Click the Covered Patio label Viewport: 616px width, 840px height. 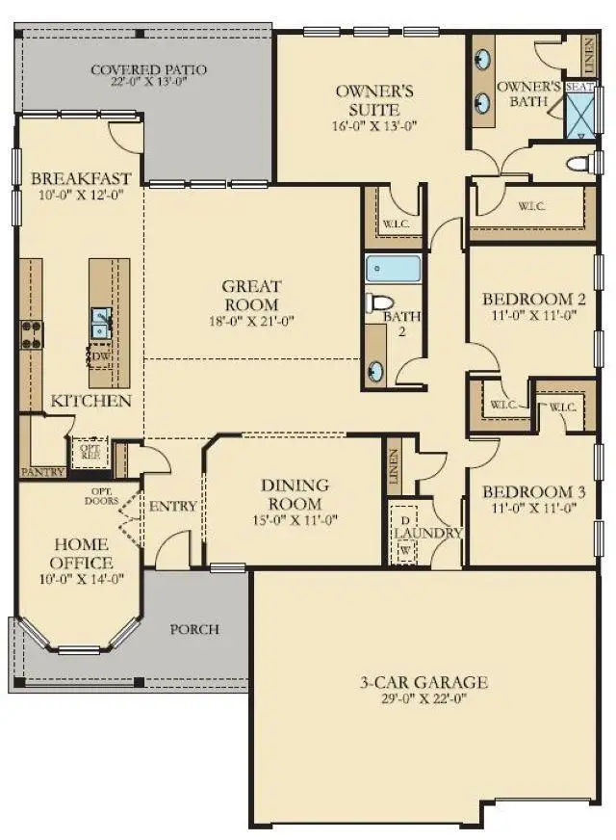[x=149, y=69]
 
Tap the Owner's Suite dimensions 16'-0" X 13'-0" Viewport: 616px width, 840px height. [x=374, y=126]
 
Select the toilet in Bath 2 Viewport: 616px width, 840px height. [x=379, y=302]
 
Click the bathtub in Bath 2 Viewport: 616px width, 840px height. [x=394, y=268]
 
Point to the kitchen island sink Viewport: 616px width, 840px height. [x=101, y=323]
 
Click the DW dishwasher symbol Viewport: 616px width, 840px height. [x=100, y=357]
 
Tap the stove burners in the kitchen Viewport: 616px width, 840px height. [x=31, y=335]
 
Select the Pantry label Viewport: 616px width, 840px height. [x=42, y=472]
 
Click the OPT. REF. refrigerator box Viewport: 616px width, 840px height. [x=90, y=453]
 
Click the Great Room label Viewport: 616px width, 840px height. [x=251, y=295]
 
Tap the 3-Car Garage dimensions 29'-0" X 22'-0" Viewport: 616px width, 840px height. [x=423, y=698]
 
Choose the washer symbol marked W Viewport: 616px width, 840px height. [x=405, y=550]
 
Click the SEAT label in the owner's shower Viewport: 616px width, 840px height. [x=579, y=87]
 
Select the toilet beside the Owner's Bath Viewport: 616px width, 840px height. [x=580, y=164]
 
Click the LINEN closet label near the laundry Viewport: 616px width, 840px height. [x=394, y=466]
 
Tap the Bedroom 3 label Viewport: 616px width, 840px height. [x=533, y=492]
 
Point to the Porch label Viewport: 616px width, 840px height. [x=194, y=629]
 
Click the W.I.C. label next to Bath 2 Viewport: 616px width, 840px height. [x=396, y=223]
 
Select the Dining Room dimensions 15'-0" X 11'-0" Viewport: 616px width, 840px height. [x=295, y=519]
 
